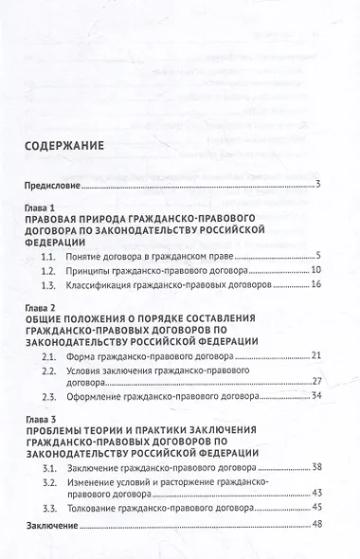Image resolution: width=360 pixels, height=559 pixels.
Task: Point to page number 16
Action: coord(318,284)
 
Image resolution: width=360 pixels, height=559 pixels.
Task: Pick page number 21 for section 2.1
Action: coord(318,355)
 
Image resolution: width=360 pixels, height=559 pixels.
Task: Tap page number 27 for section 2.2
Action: coord(318,381)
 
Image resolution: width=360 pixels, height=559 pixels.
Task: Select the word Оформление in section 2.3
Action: coord(134,395)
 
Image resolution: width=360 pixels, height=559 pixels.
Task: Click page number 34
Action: coord(318,395)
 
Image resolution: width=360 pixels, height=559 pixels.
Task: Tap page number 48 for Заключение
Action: coord(318,526)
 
